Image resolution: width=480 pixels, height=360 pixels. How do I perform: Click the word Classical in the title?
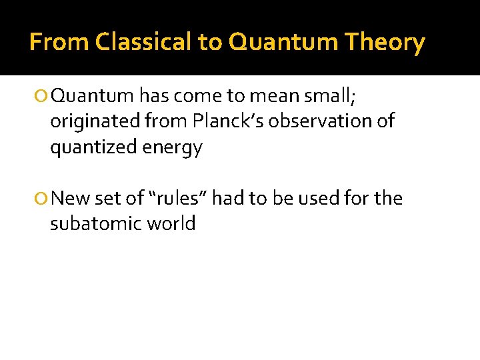point(144,43)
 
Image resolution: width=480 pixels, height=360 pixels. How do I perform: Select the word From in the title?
point(60,43)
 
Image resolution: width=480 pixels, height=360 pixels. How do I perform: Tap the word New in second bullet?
point(69,198)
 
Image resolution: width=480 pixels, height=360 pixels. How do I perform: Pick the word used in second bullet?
point(321,198)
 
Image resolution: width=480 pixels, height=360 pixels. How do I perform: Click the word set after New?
point(104,198)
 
